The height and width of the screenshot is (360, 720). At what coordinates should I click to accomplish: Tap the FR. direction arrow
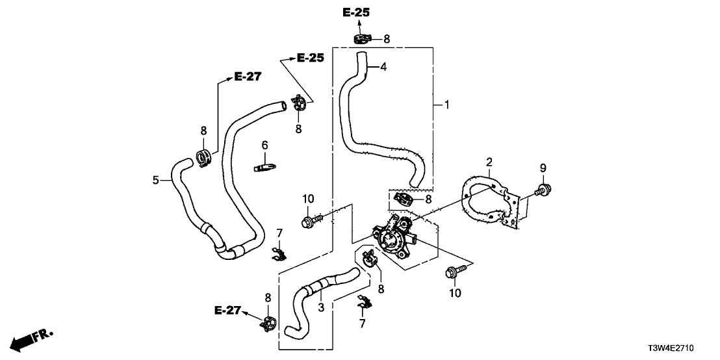click(29, 339)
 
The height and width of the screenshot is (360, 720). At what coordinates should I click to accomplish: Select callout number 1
click(446, 104)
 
